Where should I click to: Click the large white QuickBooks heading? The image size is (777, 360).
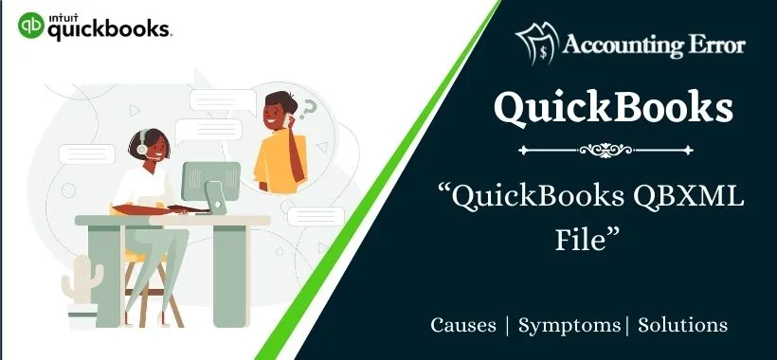point(614,107)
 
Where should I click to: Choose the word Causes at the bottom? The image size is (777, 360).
point(463,325)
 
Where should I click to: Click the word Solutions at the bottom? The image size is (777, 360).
point(683,325)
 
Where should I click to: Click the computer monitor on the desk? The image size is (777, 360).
point(209,184)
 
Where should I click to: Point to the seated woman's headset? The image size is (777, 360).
point(140,148)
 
